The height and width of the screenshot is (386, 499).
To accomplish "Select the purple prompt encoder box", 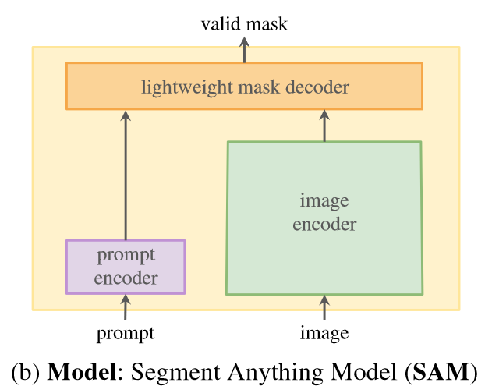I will (126, 266).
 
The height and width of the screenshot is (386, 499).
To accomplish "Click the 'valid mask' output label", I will (244, 24).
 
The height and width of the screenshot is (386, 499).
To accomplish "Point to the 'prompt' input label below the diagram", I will (126, 334).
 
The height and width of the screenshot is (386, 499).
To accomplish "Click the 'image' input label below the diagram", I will (324, 334).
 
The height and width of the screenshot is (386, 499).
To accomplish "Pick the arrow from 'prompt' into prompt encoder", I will (126, 306).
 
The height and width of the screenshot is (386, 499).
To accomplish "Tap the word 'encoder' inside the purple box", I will (126, 277).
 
